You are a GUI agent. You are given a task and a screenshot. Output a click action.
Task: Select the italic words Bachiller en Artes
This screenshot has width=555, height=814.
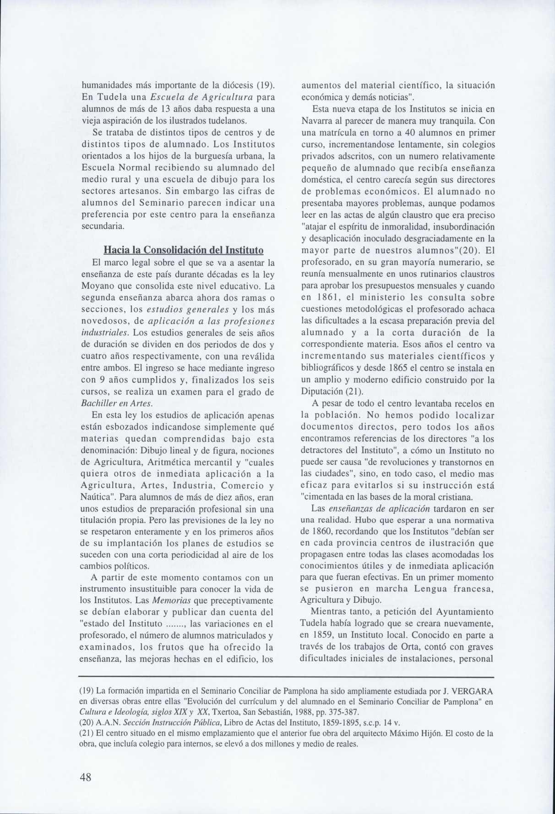point(116,403)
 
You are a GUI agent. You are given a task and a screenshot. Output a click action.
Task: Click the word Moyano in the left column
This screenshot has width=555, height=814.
point(95,286)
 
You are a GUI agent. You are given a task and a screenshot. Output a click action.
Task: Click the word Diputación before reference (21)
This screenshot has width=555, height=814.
point(321,392)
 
